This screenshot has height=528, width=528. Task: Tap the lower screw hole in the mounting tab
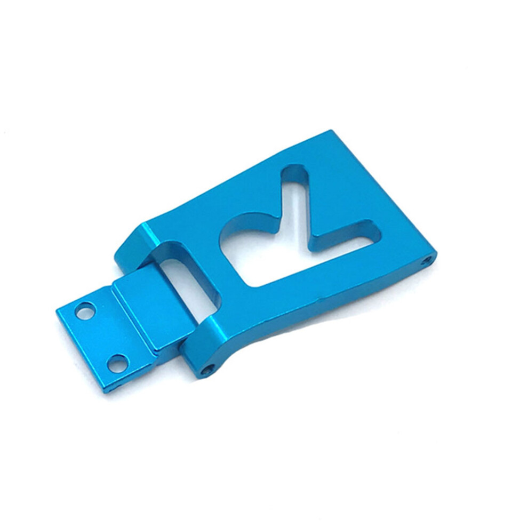pos(117,363)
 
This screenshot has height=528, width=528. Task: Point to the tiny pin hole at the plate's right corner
pos(426,260)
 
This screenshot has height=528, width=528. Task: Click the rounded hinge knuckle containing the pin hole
pos(200,347)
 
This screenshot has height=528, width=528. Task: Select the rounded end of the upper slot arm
pos(295,173)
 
